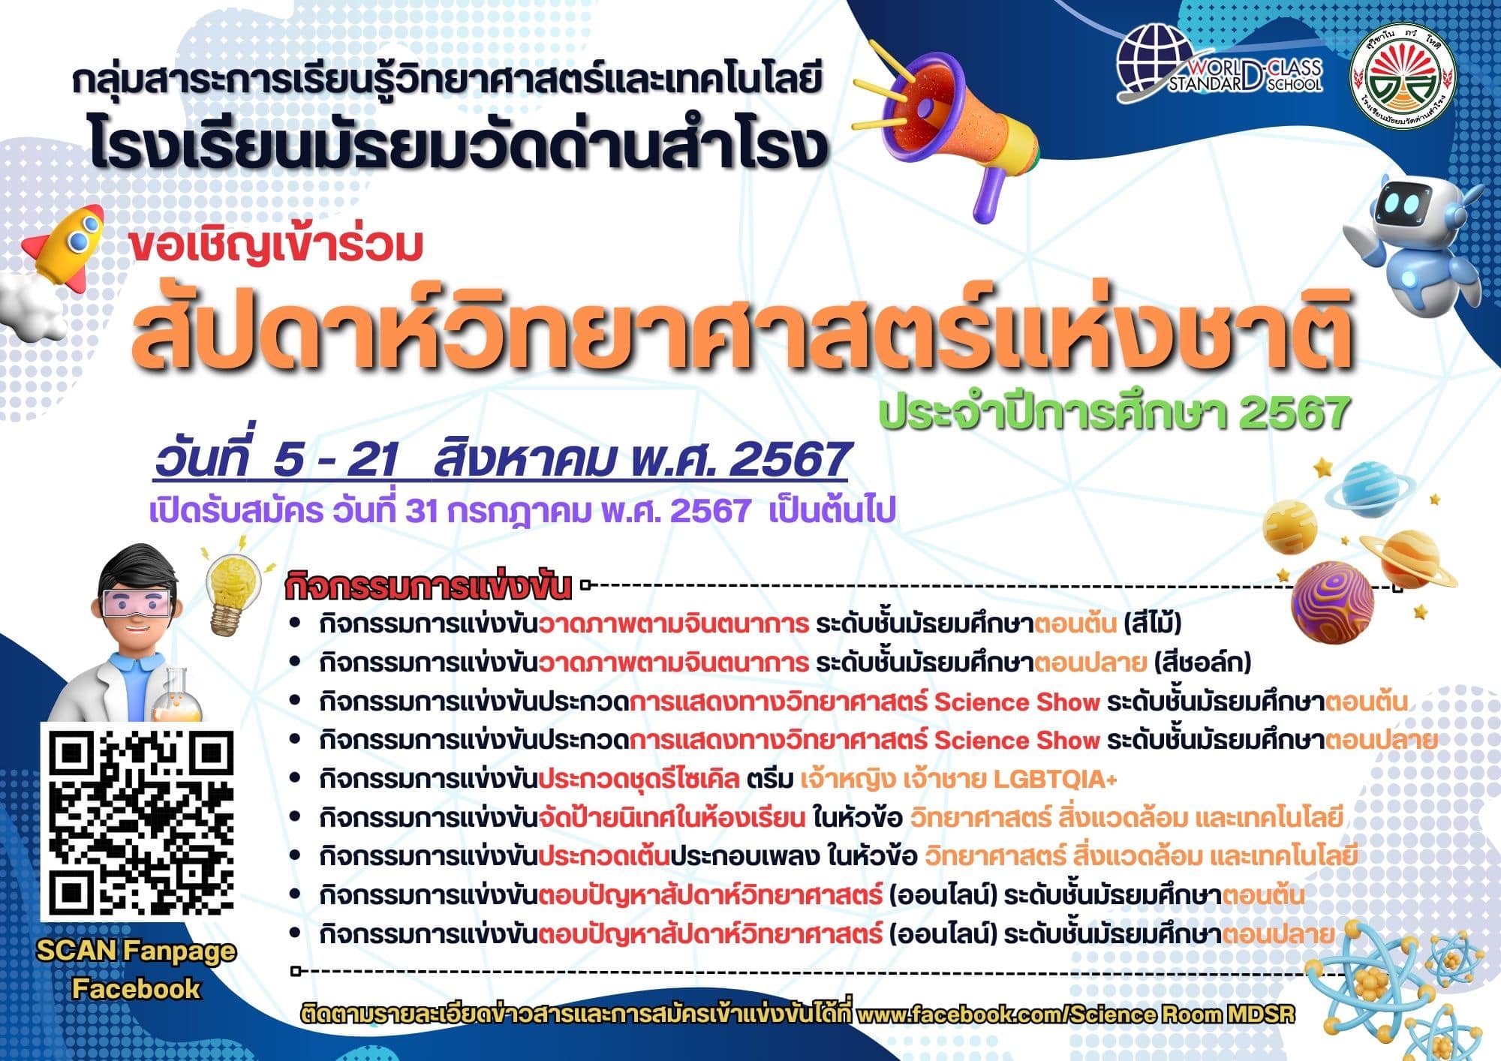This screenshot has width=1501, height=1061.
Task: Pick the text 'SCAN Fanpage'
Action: coord(136,951)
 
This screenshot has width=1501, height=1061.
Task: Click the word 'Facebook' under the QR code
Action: coord(136,988)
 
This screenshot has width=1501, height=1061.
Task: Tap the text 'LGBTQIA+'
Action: coord(1055,780)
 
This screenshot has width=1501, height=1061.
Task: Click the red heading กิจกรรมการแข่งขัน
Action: coord(428,588)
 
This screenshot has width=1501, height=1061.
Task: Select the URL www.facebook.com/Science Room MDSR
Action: coord(1075,1014)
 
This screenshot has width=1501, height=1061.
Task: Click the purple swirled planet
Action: coord(1332,600)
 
